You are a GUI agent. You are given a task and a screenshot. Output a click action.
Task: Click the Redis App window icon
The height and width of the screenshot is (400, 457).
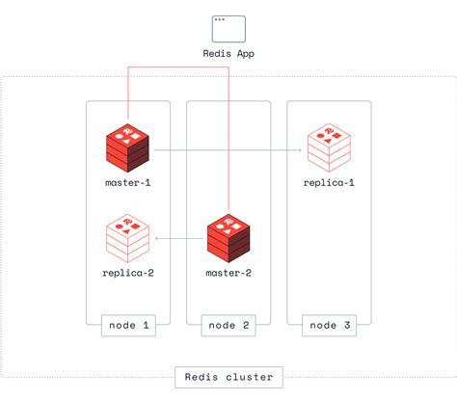[228, 27]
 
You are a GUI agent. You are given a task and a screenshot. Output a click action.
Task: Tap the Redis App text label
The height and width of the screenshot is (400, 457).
[228, 54]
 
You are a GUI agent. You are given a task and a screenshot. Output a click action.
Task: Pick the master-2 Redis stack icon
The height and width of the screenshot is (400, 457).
[229, 238]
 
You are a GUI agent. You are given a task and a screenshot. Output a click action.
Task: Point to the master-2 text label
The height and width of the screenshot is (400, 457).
[229, 273]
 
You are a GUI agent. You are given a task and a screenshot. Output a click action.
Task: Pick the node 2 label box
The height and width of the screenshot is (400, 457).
[229, 326]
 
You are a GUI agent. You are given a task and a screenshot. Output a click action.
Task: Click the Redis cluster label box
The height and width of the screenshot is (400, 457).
[228, 377]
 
